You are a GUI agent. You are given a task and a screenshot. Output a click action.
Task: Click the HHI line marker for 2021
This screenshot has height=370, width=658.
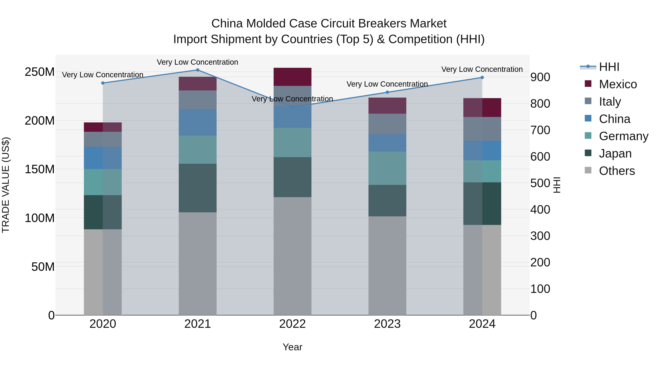point(197,70)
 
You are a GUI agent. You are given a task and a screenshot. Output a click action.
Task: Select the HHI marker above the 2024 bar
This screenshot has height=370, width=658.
point(482,77)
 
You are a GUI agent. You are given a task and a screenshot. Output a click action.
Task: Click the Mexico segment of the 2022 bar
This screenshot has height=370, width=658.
point(292,77)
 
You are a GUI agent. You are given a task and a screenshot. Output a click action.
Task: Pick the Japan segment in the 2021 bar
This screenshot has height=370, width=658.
point(197,188)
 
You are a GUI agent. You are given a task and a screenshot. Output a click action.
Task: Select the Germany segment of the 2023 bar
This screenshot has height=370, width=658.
point(387,168)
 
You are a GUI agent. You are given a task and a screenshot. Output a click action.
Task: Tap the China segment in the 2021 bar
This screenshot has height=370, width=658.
point(197,122)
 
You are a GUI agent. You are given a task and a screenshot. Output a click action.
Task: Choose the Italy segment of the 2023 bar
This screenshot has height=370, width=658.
point(387,124)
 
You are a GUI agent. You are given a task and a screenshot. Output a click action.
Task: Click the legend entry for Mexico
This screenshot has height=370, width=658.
point(618,84)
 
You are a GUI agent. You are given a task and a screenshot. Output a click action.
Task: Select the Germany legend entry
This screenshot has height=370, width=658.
point(623,136)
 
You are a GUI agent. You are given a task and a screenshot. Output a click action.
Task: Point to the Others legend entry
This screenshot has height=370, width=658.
point(617,171)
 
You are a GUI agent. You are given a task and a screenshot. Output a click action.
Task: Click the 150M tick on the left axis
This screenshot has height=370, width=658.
point(40,169)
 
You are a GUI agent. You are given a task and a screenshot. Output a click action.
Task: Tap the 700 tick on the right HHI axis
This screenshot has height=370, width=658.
point(540,130)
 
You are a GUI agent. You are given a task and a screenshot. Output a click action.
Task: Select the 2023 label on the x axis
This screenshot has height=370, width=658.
point(387,324)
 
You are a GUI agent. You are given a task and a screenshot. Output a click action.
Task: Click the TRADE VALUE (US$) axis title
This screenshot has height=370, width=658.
point(6,185)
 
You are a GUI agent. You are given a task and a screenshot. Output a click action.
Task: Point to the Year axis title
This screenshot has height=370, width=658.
point(292,347)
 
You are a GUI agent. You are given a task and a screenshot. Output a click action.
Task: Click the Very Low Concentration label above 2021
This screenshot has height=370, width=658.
point(197,62)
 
